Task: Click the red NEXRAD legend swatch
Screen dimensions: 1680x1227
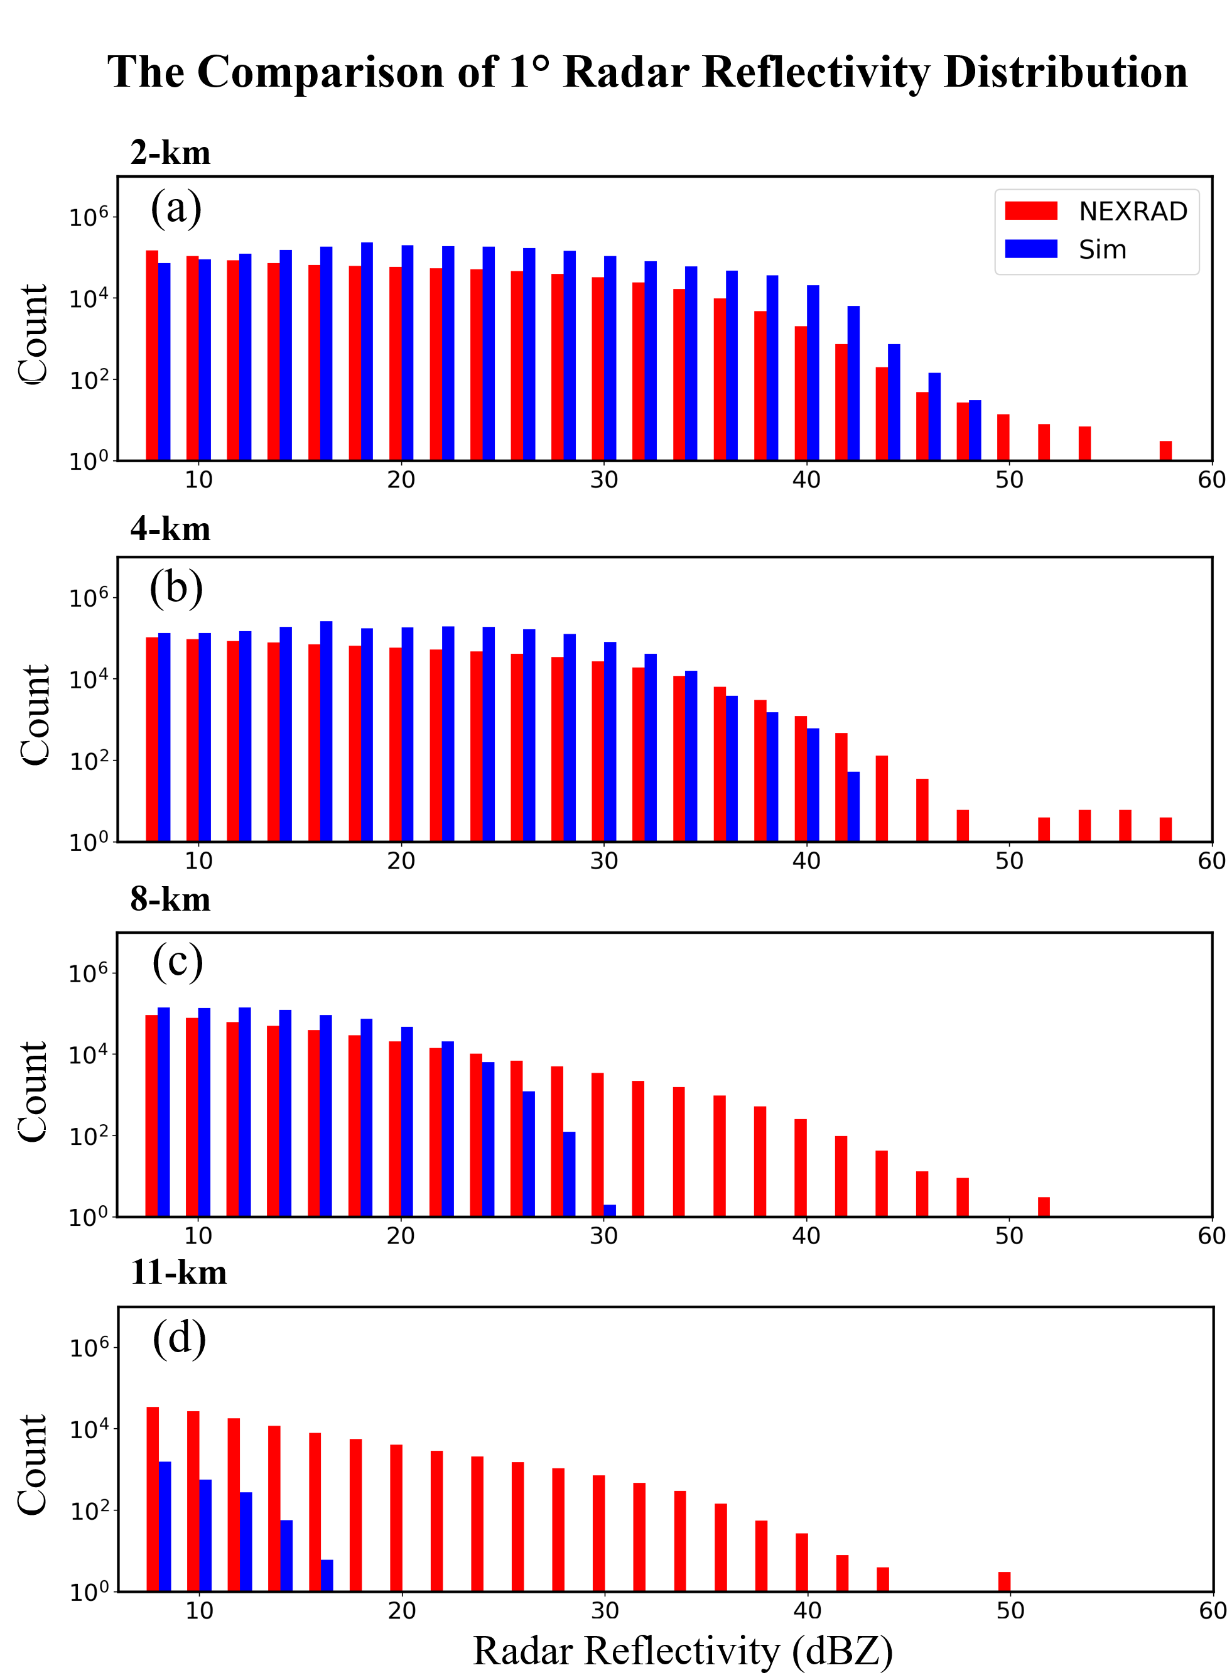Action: [1031, 211]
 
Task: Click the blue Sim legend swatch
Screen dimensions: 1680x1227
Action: [1031, 249]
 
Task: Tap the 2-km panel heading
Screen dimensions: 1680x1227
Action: [170, 153]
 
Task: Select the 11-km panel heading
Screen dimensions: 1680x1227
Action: [178, 1272]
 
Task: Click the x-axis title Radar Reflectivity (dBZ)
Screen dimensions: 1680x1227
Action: [683, 1650]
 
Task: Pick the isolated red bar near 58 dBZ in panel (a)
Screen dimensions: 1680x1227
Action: [1165, 450]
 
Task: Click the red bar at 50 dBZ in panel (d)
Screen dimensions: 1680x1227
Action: [1004, 1581]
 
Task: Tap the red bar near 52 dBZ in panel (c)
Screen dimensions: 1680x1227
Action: [1044, 1206]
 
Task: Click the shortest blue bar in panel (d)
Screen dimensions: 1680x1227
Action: [327, 1574]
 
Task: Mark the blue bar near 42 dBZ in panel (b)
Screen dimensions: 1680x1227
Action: [853, 806]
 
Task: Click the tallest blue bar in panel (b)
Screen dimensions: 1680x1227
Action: [326, 731]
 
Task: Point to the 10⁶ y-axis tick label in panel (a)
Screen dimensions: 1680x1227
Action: [89, 217]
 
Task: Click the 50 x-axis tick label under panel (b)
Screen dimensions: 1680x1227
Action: [1009, 861]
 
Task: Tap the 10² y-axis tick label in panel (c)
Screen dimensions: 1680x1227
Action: [89, 1136]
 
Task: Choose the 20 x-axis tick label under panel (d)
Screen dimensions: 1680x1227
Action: [402, 1610]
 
